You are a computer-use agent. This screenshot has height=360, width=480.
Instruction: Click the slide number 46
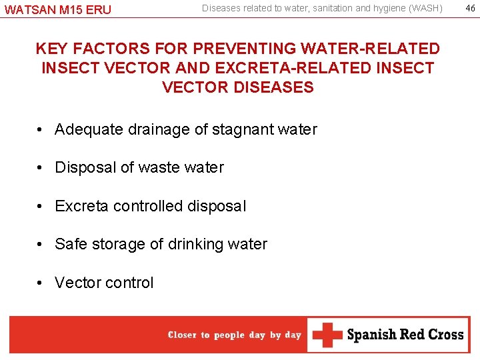tap(469, 8)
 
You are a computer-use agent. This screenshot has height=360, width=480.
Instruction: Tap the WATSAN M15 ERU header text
tap(58, 9)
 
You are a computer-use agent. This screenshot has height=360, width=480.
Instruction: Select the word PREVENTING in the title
tap(229, 49)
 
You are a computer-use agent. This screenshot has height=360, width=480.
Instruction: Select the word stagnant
tap(243, 129)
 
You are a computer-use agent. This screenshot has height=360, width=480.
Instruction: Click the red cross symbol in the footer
tap(327, 335)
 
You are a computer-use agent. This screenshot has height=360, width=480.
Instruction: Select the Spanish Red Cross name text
tap(405, 335)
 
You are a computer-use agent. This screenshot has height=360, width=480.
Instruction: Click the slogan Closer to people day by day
tap(235, 335)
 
